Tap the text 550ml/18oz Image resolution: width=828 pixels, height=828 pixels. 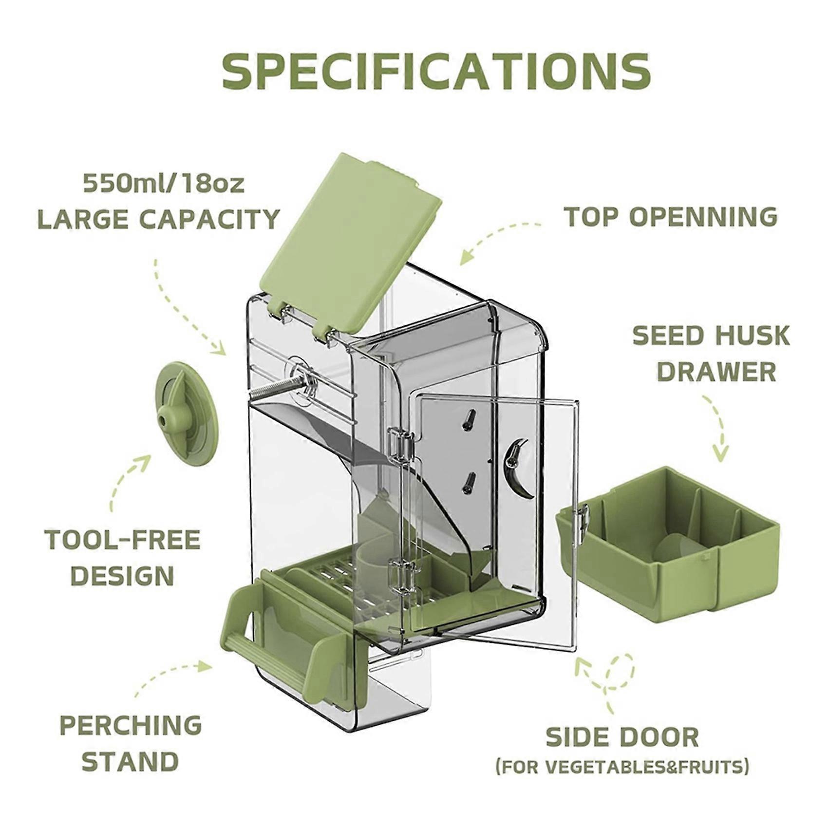(x=164, y=184)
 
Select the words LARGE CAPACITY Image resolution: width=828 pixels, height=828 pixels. (x=159, y=219)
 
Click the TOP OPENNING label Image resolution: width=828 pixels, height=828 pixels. (x=671, y=217)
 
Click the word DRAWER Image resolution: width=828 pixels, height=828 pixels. (x=716, y=372)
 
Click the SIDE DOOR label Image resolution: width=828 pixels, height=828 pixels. (x=622, y=737)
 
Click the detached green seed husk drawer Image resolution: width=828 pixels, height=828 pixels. (x=668, y=545)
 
